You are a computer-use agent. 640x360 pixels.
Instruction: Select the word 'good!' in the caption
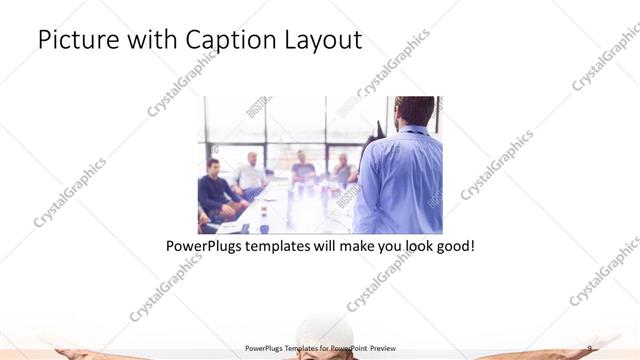coord(451,244)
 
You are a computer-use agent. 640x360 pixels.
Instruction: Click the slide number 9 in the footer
coord(589,348)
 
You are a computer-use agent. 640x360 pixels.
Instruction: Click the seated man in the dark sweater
coord(215,190)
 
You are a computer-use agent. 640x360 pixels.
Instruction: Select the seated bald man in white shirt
coord(252,172)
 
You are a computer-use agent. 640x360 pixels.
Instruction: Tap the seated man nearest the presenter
coord(344,170)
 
